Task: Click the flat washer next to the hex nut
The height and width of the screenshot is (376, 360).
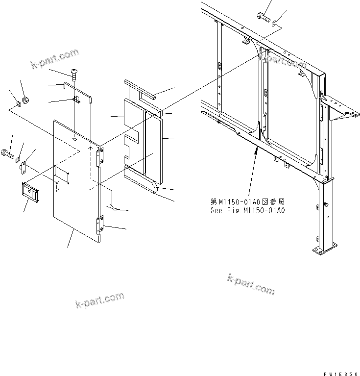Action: point(18,103)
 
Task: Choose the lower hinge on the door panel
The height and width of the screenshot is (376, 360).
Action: point(99,225)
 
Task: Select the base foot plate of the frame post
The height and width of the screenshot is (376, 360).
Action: point(324,249)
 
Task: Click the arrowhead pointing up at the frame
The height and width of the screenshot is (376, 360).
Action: point(256,153)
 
